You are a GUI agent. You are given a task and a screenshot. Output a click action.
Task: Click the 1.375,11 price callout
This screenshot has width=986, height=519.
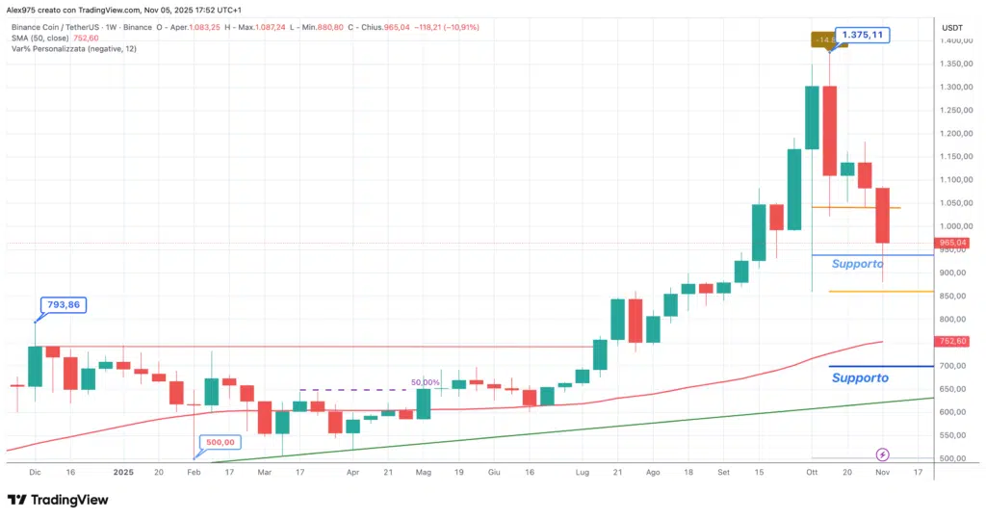pos(862,35)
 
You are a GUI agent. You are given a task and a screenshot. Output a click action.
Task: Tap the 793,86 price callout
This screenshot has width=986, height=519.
pos(58,303)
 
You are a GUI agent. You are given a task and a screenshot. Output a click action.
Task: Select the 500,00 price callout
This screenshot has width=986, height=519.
pos(221,442)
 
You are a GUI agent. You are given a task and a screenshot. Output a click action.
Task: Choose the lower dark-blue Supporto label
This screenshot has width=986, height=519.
pos(859,378)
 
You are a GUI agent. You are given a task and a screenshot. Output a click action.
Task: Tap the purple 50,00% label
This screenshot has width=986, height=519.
pos(425,382)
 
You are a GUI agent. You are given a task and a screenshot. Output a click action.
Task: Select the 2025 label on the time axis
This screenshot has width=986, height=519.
pos(123,473)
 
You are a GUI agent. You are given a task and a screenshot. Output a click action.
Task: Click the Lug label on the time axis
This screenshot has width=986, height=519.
pos(582,473)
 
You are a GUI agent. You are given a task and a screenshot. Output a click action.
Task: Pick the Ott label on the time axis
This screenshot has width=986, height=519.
pos(811,473)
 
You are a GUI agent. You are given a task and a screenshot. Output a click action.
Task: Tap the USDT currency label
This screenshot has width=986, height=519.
pos(951,28)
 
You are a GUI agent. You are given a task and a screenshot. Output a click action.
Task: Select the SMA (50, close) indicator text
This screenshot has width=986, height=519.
pos(43,37)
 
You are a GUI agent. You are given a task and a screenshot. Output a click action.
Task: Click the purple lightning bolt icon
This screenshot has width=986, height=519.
pos(882,454)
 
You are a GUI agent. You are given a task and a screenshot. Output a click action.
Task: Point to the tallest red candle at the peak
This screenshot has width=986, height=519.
pos(829,131)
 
